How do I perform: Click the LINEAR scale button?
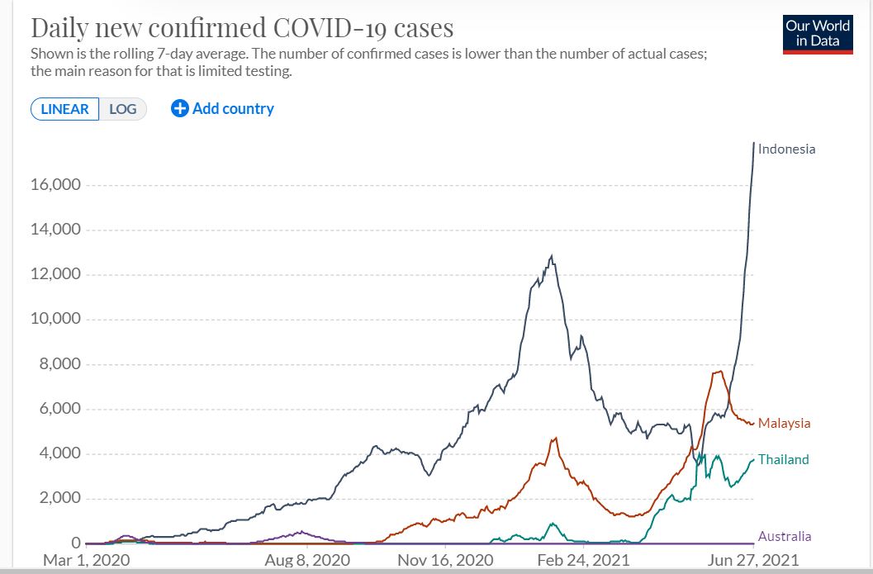pyautogui.click(x=64, y=109)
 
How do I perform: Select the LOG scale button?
pyautogui.click(x=123, y=109)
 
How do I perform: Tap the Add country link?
pyautogui.click(x=232, y=108)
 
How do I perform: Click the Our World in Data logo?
pyautogui.click(x=818, y=34)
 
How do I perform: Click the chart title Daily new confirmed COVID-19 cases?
pyautogui.click(x=242, y=28)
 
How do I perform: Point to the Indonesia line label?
pyautogui.click(x=786, y=149)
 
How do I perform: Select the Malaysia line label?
pyautogui.click(x=784, y=424)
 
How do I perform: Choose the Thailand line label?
pyautogui.click(x=783, y=460)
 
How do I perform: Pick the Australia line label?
pyautogui.click(x=785, y=537)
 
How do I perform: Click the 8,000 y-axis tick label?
pyautogui.click(x=59, y=364)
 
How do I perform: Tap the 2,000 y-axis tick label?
pyautogui.click(x=59, y=499)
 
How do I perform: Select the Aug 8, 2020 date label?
pyautogui.click(x=307, y=561)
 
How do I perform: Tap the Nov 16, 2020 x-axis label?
pyautogui.click(x=445, y=561)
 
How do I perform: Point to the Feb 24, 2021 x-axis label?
pyautogui.click(x=583, y=561)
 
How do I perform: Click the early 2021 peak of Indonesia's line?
pyautogui.click(x=552, y=257)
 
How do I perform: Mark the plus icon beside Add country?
pyautogui.click(x=180, y=108)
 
